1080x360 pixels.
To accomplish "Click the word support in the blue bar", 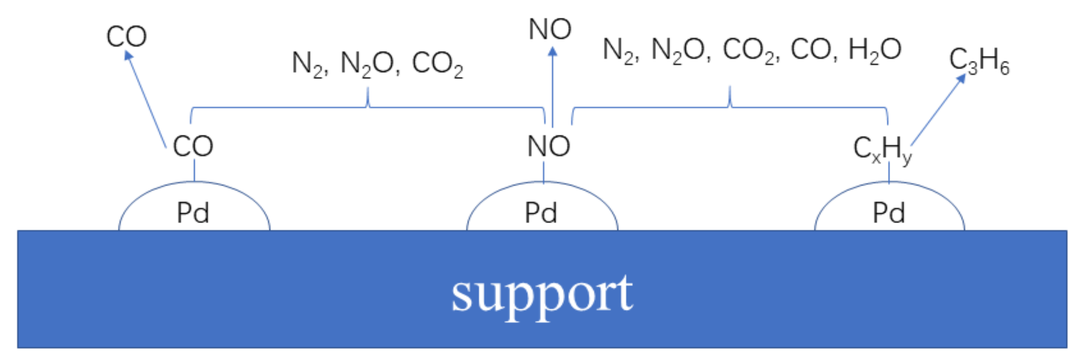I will (542, 294).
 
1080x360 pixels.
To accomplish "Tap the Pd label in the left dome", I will (193, 213).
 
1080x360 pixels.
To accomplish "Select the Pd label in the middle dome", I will (541, 213).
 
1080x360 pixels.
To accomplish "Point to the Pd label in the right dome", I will (889, 213).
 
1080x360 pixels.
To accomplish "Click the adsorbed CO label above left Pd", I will (193, 146).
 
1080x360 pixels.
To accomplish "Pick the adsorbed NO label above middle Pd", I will (549, 146).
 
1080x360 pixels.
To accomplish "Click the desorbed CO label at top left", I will (127, 36).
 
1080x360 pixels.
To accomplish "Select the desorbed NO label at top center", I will (550, 29).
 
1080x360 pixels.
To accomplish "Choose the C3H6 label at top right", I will (980, 61).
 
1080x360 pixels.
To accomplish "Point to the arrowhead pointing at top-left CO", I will (128, 55).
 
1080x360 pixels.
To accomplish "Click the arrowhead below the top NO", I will (552, 52).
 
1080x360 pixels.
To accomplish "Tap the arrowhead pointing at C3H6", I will (961, 78).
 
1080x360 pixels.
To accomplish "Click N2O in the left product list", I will (367, 64).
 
